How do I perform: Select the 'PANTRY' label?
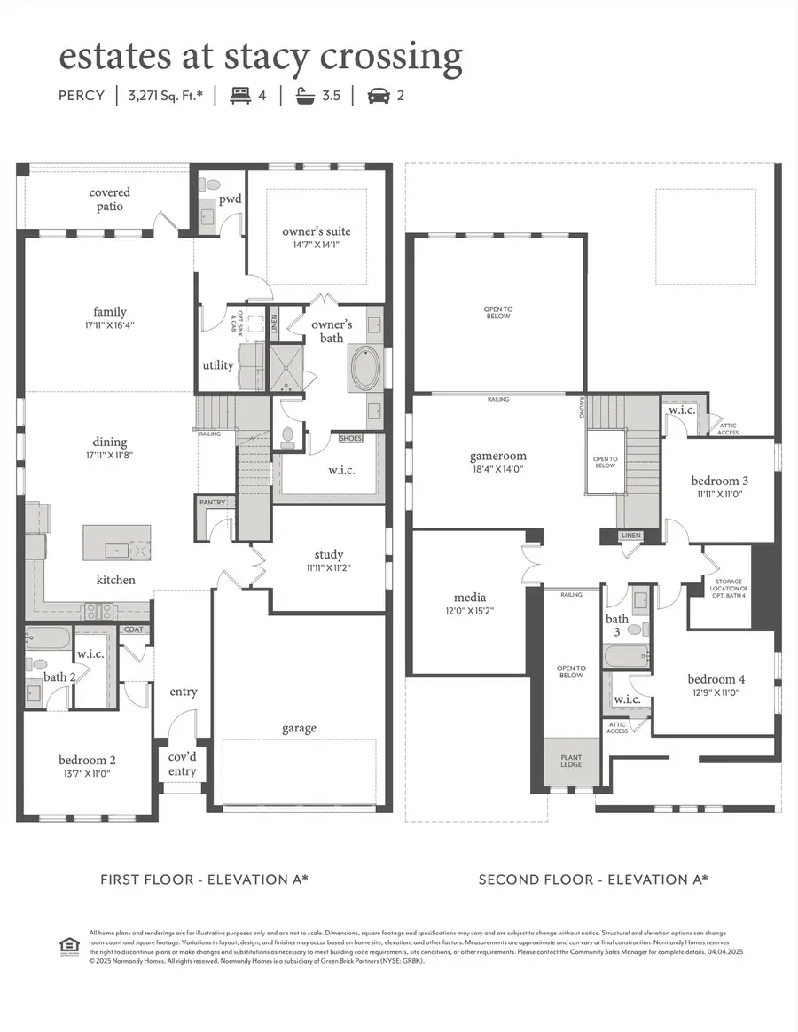[213, 503]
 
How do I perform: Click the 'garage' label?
[300, 728]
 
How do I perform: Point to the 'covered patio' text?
[110, 199]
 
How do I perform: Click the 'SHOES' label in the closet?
[351, 438]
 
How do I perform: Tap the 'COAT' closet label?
[133, 629]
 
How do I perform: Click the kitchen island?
[117, 543]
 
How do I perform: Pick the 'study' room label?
[328, 555]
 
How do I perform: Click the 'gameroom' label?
[498, 457]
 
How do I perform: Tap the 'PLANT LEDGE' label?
[571, 761]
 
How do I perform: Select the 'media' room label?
[469, 597]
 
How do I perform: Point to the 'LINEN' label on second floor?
[630, 536]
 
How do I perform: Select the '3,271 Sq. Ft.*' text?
[166, 95]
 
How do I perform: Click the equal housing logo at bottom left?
[68, 946]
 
